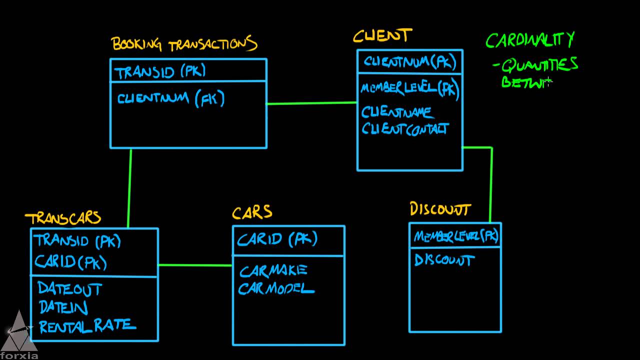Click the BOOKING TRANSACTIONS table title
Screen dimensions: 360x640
(184, 44)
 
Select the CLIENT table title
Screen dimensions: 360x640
(382, 36)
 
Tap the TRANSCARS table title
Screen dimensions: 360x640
(63, 218)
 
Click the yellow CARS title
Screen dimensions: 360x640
(252, 212)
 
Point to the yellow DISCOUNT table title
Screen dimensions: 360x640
(440, 209)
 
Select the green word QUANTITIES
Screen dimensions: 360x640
(539, 65)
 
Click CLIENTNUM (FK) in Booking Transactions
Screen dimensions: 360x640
(171, 98)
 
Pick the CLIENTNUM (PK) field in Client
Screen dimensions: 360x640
(409, 62)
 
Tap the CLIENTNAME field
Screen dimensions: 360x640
(397, 112)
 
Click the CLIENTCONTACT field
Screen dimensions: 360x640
(405, 129)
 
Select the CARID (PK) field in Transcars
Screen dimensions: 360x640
(70, 261)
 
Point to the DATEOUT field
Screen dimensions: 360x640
(69, 289)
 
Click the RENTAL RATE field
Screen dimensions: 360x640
(87, 326)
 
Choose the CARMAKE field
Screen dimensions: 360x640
(273, 271)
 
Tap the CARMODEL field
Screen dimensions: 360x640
(276, 289)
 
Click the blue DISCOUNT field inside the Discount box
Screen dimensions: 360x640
(444, 260)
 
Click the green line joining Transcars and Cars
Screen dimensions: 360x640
(195, 265)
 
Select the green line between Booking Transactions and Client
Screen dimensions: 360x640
(311, 103)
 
